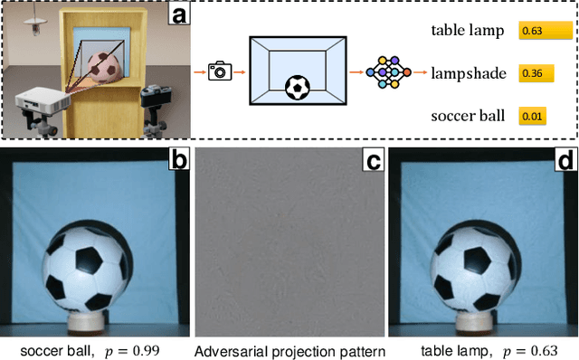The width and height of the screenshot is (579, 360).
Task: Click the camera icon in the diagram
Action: [x=219, y=71]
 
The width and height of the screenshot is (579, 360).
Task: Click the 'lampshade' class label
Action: [x=466, y=72]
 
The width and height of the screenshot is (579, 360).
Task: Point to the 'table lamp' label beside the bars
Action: [x=466, y=31]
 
